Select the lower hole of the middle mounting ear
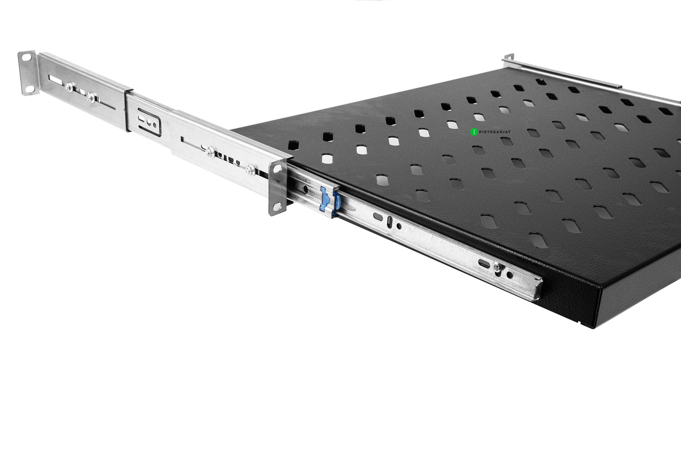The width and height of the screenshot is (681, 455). pyautogui.click(x=277, y=207)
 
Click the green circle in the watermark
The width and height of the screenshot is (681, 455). pyautogui.click(x=474, y=132)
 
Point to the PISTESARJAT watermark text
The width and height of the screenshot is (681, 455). pyautogui.click(x=495, y=132)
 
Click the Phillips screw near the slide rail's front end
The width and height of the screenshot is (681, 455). pyautogui.click(x=497, y=267)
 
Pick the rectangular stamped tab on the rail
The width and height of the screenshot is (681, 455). pyautogui.click(x=148, y=122)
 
